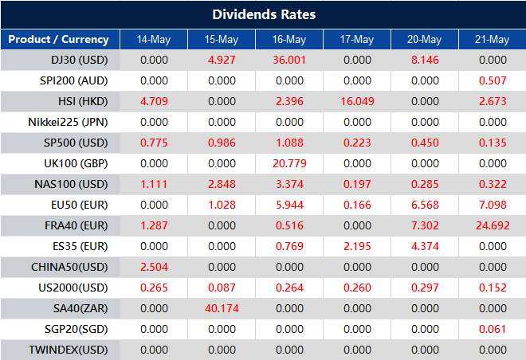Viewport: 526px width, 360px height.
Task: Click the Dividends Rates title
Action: click(263, 14)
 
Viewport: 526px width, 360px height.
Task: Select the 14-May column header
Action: click(153, 39)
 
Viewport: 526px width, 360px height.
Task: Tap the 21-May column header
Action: click(493, 39)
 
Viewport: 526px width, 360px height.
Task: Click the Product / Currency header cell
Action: click(58, 39)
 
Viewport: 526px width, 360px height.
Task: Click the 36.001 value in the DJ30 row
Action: click(289, 60)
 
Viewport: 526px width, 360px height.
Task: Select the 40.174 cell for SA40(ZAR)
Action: click(222, 308)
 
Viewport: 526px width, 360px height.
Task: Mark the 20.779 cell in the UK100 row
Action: click(289, 163)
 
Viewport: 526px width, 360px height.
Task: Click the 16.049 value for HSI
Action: click(357, 101)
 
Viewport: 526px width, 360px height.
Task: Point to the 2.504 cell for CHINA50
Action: click(153, 267)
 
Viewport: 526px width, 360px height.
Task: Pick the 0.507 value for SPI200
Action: click(493, 80)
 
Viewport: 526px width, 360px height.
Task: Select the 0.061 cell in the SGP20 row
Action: click(493, 329)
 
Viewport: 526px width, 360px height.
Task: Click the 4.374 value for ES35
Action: click(425, 246)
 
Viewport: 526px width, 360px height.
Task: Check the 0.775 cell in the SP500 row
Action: click(153, 143)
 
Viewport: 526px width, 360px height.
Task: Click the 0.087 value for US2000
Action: click(222, 288)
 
